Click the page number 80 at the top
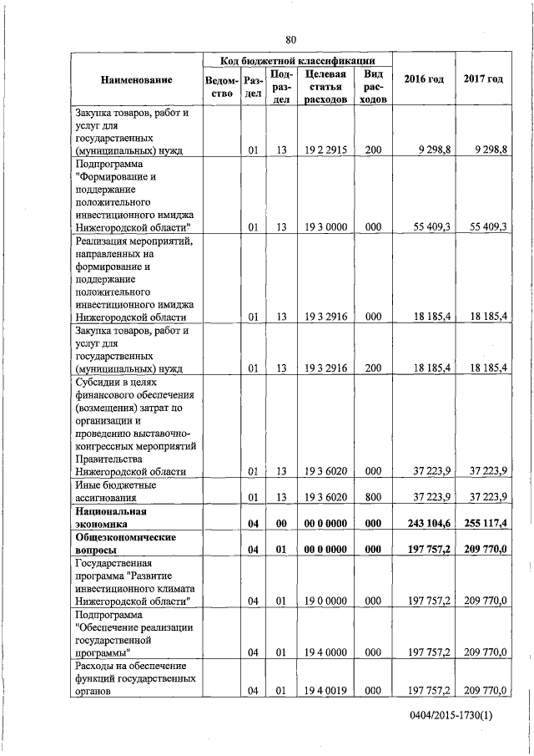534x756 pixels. [x=290, y=40]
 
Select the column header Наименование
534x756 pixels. [x=136, y=79]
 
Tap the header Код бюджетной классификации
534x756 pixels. [x=297, y=61]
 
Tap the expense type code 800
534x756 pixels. [x=373, y=498]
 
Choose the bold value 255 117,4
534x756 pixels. [x=486, y=523]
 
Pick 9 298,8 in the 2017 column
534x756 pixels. [x=489, y=150]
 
